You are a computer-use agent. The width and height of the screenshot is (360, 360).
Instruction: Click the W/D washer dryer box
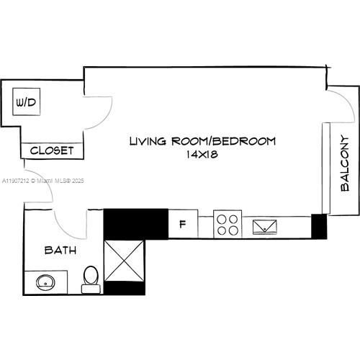(27, 102)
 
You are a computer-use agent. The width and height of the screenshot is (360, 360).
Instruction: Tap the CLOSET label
(52, 150)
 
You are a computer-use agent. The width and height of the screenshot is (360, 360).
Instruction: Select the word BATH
(60, 251)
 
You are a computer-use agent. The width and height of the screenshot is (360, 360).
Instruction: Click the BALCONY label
(345, 163)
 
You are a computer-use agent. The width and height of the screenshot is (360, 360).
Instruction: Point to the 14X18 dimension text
(202, 154)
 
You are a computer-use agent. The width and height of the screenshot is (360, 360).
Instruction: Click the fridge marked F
(183, 224)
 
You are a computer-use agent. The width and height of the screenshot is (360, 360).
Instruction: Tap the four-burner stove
(228, 224)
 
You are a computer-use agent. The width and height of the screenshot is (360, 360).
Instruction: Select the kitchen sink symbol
(265, 227)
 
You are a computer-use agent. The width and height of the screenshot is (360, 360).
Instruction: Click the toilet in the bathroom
(91, 279)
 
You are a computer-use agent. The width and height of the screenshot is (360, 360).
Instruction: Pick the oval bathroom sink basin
(45, 283)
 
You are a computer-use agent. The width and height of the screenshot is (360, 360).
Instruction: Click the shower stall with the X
(124, 261)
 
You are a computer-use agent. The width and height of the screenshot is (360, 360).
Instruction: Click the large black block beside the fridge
(136, 224)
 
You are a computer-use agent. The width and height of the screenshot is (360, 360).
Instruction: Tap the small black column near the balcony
(319, 226)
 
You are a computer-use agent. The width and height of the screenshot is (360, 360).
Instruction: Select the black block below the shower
(125, 288)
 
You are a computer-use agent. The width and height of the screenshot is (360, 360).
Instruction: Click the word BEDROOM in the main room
(244, 141)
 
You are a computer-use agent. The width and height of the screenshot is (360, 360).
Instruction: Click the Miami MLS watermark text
(42, 181)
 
